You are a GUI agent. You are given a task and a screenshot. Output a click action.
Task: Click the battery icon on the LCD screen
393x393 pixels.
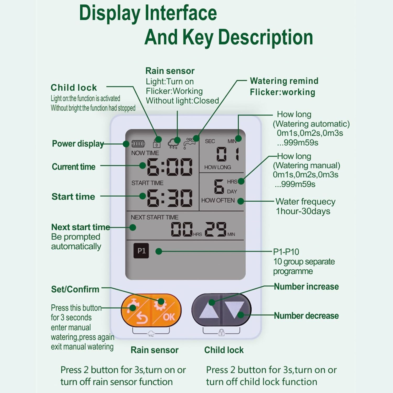click(x=138, y=144)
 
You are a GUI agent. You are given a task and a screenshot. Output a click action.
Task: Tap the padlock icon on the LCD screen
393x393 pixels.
click(x=157, y=143)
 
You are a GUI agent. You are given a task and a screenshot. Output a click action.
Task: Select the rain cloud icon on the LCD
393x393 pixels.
click(x=173, y=144)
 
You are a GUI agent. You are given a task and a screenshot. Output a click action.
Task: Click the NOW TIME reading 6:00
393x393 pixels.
click(x=169, y=167)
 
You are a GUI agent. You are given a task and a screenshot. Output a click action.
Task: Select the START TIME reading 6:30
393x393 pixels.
click(x=169, y=198)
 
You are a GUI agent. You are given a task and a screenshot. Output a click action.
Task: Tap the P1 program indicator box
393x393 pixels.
click(x=141, y=251)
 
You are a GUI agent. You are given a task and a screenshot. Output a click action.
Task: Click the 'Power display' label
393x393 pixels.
click(x=78, y=144)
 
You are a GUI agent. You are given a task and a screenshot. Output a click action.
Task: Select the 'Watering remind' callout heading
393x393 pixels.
click(x=284, y=81)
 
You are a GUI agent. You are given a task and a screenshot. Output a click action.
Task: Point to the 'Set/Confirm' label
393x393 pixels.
click(x=75, y=289)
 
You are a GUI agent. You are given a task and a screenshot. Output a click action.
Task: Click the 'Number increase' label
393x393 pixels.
click(x=306, y=287)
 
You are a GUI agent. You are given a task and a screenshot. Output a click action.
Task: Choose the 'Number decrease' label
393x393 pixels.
click(x=306, y=316)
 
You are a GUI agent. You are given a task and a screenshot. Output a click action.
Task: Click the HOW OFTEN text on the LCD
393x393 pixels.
click(x=218, y=200)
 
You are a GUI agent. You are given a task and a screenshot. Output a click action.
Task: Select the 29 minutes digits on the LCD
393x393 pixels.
click(x=216, y=229)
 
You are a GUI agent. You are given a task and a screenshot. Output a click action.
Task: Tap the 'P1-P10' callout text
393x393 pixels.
click(x=286, y=252)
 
